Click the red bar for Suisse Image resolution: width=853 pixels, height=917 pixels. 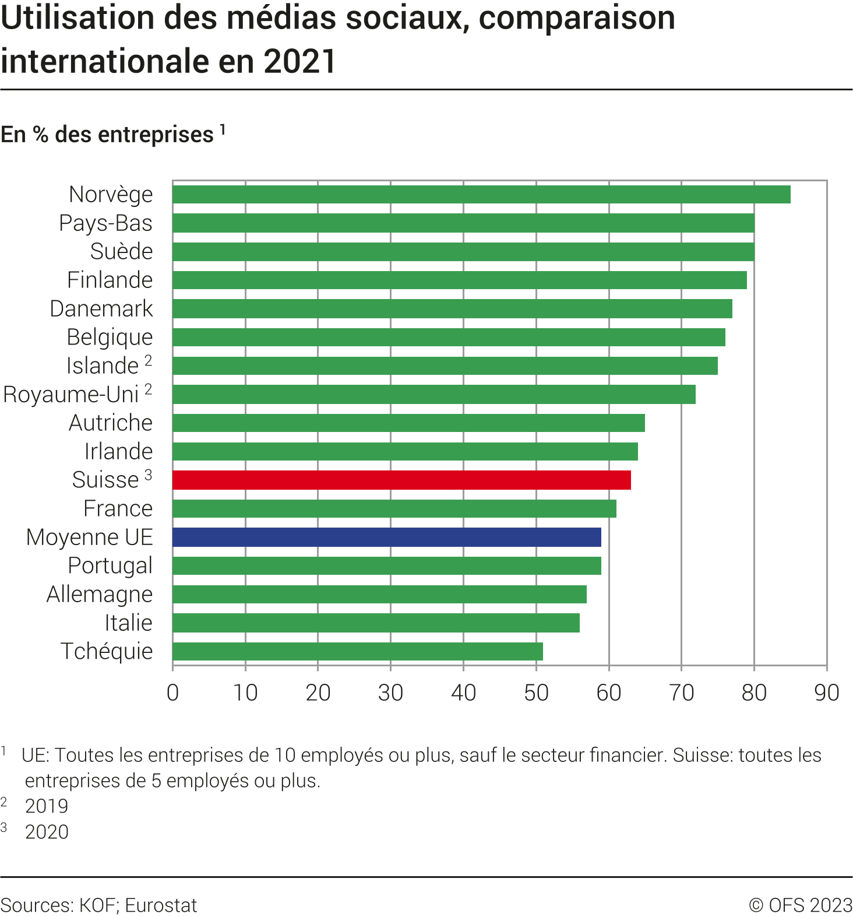point(401,480)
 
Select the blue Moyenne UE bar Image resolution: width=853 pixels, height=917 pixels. point(386,537)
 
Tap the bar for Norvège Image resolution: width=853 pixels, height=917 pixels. point(481,194)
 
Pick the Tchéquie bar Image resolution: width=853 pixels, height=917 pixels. point(357,651)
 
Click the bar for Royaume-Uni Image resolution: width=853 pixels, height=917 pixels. point(433,394)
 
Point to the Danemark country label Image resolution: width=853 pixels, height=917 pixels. point(101,308)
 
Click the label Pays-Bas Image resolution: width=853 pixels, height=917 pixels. point(105,223)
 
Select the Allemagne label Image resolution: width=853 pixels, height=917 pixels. point(100,594)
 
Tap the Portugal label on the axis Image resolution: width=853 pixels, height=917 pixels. point(110,565)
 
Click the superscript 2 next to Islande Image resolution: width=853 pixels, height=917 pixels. point(149,360)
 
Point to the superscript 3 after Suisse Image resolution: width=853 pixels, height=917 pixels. point(149,475)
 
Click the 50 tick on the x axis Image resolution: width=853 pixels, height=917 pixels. point(536,693)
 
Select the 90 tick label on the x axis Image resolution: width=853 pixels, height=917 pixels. point(826,693)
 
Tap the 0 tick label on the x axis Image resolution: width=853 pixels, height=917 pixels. point(172,693)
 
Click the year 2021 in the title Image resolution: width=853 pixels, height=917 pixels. point(299,61)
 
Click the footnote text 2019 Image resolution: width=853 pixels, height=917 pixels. point(47,806)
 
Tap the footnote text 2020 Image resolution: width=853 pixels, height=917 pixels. point(47,832)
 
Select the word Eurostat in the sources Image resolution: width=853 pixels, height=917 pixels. point(161,905)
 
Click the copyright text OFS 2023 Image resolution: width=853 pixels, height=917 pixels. point(810,905)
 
